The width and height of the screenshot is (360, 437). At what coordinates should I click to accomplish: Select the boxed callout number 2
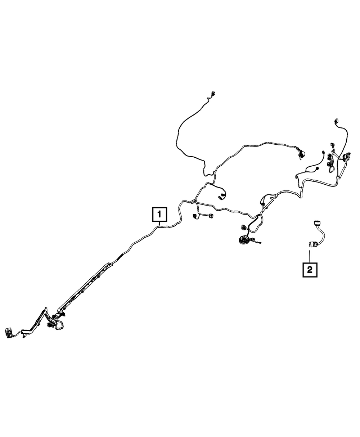click(310, 269)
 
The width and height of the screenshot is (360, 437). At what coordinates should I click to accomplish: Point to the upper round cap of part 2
click(317, 222)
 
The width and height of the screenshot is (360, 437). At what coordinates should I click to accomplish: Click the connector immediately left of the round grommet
click(242, 227)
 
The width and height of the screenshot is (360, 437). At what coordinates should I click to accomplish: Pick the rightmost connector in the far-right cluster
click(348, 156)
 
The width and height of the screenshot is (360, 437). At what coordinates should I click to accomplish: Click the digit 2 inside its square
click(310, 269)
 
